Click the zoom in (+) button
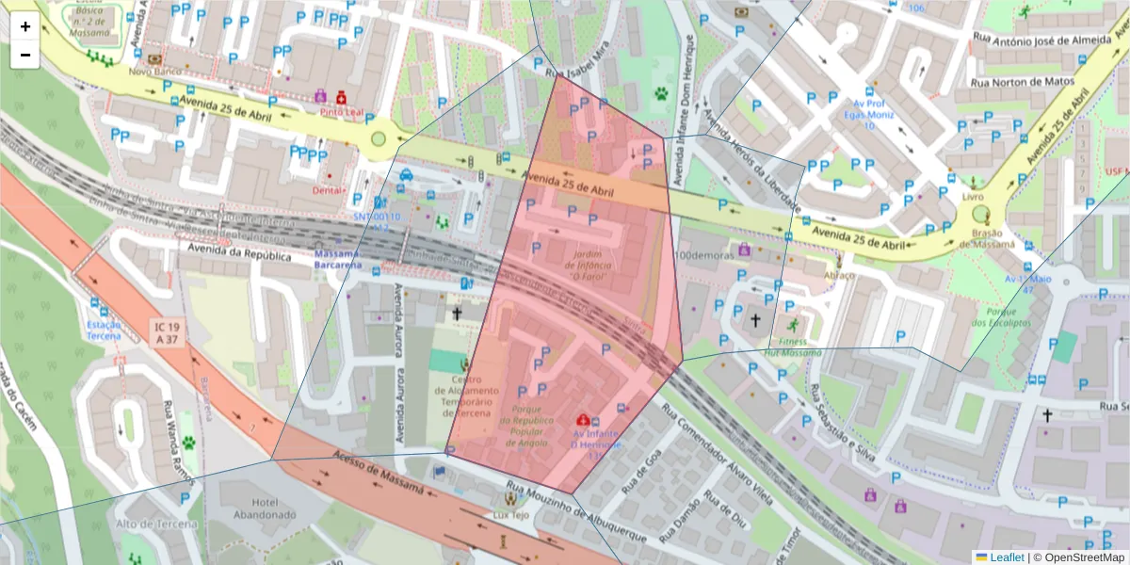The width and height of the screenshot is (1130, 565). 25,26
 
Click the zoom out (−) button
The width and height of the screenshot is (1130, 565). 25,55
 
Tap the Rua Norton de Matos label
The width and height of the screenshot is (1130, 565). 1015,82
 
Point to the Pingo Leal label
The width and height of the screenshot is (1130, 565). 341,111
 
